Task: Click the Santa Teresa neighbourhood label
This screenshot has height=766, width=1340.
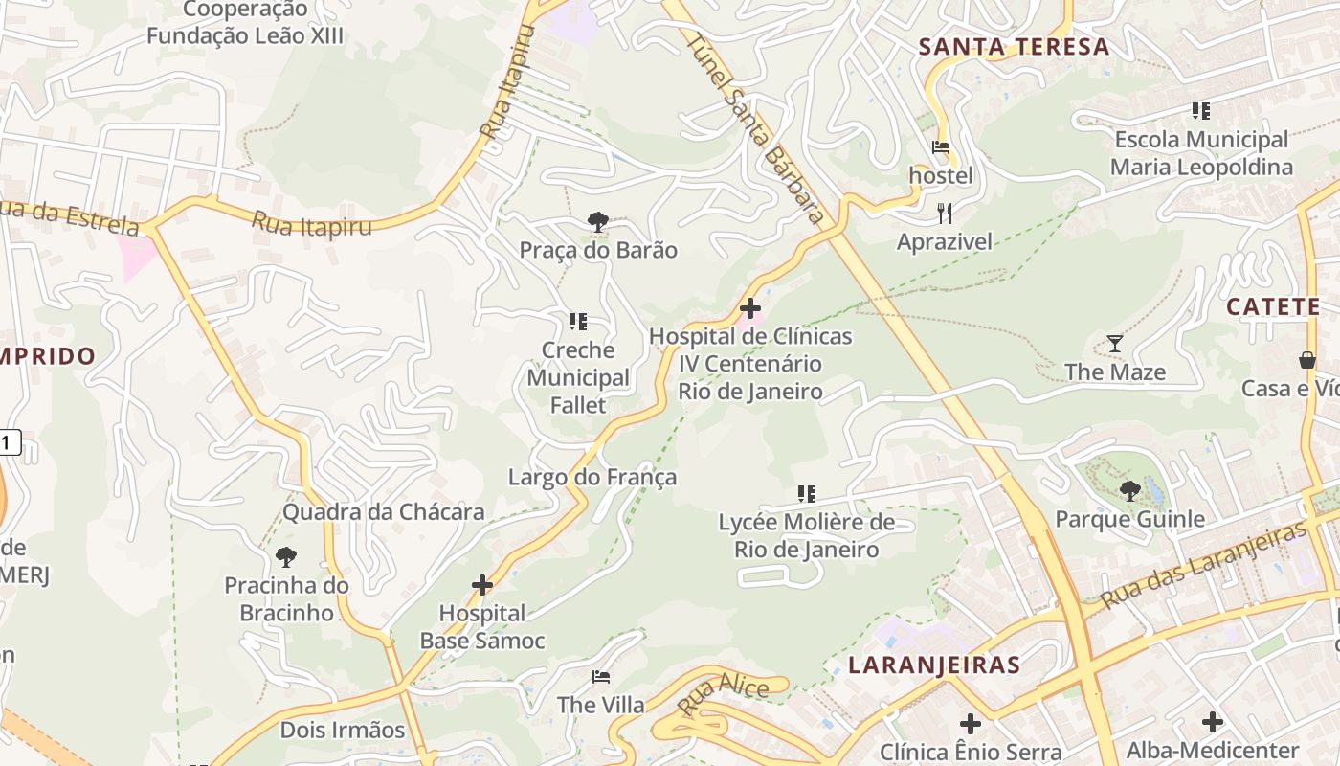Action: pyautogui.click(x=1014, y=47)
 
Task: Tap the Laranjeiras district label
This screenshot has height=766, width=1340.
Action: pyautogui.click(x=933, y=665)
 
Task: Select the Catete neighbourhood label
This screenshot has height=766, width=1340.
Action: pyautogui.click(x=1273, y=307)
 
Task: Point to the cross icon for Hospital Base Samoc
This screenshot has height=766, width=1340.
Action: pyautogui.click(x=482, y=584)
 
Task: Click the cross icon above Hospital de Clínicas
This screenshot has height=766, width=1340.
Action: pyautogui.click(x=750, y=308)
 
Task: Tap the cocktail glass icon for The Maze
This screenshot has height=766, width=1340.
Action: pyautogui.click(x=1115, y=344)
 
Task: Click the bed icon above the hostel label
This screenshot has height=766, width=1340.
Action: pyautogui.click(x=941, y=148)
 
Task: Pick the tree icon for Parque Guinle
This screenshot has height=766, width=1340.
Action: pyautogui.click(x=1130, y=491)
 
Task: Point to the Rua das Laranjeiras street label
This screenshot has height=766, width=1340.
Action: pyautogui.click(x=1203, y=567)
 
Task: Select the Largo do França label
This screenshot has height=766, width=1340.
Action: pyautogui.click(x=592, y=477)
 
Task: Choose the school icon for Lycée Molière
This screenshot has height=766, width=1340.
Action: pyautogui.click(x=807, y=494)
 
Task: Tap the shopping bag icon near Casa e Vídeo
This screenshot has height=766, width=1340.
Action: pyautogui.click(x=1306, y=361)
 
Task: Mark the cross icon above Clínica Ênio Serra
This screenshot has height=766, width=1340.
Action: pyautogui.click(x=971, y=723)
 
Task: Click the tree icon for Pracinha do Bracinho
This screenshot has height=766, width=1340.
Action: pyautogui.click(x=285, y=556)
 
